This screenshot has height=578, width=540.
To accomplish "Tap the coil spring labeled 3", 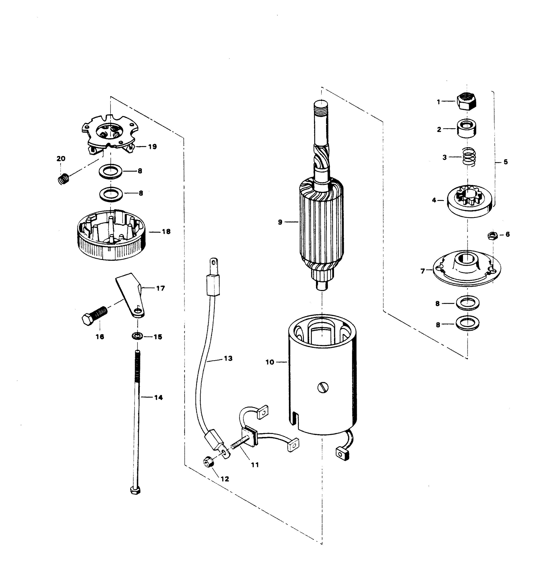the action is click(x=469, y=157).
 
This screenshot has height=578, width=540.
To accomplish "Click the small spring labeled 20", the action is click(x=63, y=178).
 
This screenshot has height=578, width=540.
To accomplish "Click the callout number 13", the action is click(x=228, y=358).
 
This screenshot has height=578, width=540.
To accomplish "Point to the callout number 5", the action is click(x=506, y=162).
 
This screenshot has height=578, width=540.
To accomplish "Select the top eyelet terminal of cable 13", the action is click(x=214, y=263).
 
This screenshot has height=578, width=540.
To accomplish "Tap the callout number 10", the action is click(x=269, y=362).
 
